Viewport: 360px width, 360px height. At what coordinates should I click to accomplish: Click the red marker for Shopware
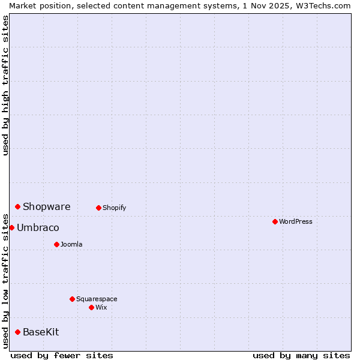[17, 206]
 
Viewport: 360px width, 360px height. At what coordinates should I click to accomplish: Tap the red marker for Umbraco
[11, 227]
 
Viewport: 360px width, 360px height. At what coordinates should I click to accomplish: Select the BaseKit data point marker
[17, 332]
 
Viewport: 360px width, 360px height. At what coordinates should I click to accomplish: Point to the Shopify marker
[98, 208]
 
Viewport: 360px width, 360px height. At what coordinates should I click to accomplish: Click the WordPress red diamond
[275, 221]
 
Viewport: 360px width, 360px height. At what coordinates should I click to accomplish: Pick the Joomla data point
[56, 244]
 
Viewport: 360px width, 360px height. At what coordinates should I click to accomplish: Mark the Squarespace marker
[72, 299]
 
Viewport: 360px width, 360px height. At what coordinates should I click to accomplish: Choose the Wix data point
[91, 307]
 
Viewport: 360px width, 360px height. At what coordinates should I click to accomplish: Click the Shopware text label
[47, 207]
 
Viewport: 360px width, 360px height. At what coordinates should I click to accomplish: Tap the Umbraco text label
[38, 228]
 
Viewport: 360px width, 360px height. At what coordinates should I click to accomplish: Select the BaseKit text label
[41, 332]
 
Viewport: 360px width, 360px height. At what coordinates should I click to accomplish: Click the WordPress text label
[296, 222]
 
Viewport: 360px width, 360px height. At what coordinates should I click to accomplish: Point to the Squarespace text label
[97, 299]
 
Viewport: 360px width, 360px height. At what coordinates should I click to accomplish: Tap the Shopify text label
[114, 208]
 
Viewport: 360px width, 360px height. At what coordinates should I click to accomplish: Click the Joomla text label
[71, 245]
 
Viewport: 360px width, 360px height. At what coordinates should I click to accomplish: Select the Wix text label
[101, 308]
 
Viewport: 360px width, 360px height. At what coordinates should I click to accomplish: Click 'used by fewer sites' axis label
[62, 355]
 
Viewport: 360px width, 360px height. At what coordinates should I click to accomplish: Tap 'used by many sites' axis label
[301, 355]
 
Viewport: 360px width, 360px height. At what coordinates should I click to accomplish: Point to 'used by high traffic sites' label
[5, 85]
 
